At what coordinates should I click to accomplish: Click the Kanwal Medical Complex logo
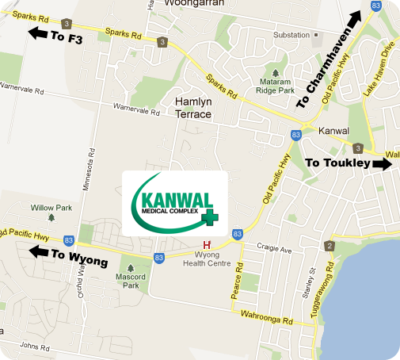(175, 202)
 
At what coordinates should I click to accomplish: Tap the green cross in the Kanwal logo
(210, 216)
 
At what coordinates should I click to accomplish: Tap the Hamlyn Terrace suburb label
(193, 108)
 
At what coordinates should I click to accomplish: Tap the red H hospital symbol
(208, 245)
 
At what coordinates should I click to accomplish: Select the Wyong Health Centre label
(208, 260)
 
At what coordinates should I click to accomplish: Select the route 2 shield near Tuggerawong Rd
(329, 247)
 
